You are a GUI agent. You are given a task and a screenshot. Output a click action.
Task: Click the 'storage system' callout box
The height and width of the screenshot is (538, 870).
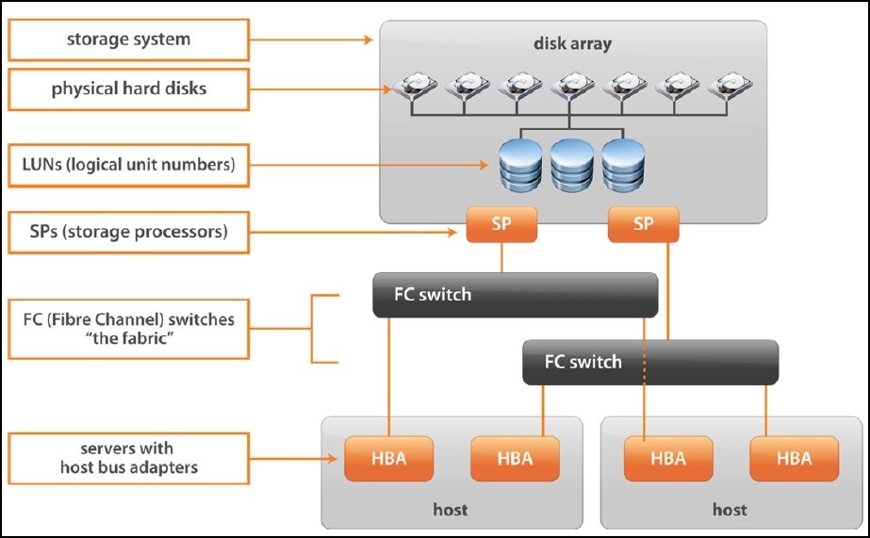point(128,40)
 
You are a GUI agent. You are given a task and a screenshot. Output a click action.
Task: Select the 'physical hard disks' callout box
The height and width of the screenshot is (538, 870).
point(128,90)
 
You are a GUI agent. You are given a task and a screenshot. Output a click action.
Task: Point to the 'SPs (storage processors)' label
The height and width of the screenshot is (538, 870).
point(128,231)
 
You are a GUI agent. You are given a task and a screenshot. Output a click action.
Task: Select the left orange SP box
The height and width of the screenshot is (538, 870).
point(501,225)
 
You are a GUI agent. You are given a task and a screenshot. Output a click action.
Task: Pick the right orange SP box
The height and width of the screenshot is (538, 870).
point(644,225)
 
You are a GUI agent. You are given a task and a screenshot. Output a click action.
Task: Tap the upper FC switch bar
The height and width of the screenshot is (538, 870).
point(515,294)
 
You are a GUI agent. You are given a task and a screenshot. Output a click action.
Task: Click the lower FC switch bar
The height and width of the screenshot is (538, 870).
point(650,362)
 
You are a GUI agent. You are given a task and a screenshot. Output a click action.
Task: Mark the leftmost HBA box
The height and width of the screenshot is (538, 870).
point(388,458)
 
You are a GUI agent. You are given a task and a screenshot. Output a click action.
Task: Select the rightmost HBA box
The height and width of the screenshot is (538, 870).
point(794,458)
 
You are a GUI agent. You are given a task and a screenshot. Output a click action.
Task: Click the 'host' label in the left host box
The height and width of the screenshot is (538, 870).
point(450,510)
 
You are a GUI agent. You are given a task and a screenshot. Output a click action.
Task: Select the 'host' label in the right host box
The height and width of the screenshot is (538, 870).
point(730,510)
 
